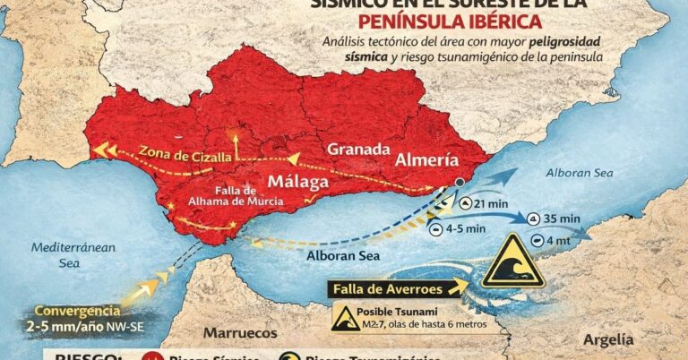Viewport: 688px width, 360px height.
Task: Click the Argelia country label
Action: coord(607,339)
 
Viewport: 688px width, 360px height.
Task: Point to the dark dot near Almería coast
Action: coord(460,184)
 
